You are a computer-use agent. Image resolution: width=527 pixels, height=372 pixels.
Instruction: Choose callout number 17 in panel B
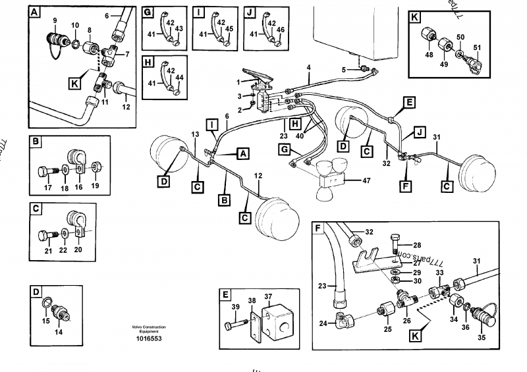coord(47,187)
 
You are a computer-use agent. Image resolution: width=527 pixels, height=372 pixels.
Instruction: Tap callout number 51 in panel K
coord(478,47)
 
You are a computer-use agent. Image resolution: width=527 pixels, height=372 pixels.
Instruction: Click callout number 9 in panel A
coord(54,20)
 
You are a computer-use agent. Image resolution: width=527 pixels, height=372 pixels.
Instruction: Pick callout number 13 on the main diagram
coord(195,134)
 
